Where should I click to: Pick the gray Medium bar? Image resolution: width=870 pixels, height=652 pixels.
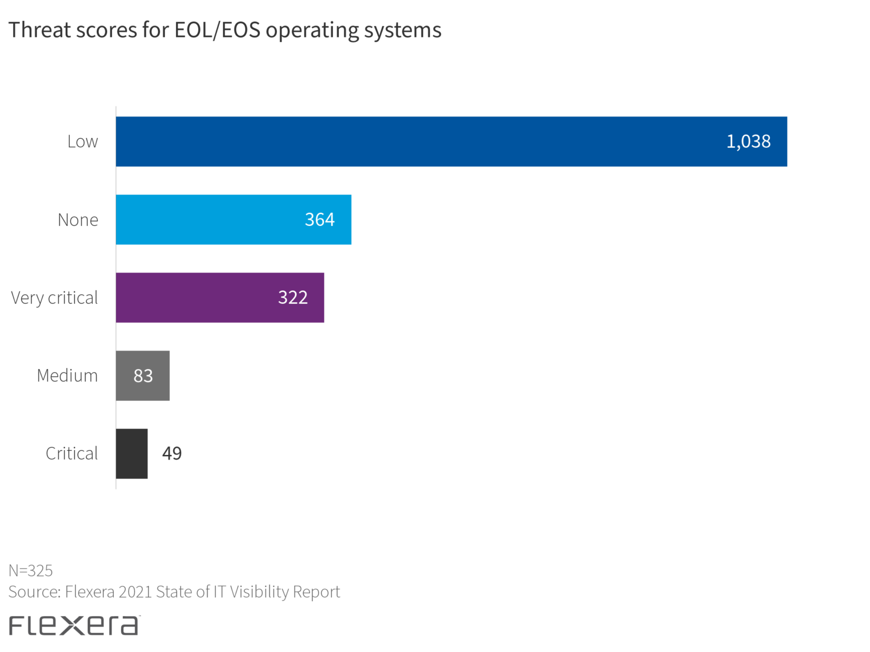pos(125,376)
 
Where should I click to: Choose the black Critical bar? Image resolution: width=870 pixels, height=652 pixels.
pos(131,454)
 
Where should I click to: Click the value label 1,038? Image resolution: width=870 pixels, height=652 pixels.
pos(748,141)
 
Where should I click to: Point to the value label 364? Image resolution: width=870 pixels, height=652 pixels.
pos(319,220)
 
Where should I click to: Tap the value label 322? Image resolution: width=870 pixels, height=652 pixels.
pos(293,298)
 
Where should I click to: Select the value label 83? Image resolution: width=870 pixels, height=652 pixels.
pos(143,376)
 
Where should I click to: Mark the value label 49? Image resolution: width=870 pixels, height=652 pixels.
pos(172,453)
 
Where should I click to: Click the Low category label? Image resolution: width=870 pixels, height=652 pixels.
pos(83,141)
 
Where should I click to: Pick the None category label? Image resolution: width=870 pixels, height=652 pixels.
pos(78,220)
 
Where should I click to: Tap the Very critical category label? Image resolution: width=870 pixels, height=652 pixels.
pos(54,298)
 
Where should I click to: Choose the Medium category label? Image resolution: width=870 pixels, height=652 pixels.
pos(67,376)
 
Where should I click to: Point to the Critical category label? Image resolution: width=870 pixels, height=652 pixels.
pos(72,454)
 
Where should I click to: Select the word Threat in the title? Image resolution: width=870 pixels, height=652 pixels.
pos(39,31)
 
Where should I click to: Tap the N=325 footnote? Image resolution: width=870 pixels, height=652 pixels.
pos(31,570)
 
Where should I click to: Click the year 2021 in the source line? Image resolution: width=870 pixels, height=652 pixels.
pos(135,592)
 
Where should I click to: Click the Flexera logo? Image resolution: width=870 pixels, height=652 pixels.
pos(74,625)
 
